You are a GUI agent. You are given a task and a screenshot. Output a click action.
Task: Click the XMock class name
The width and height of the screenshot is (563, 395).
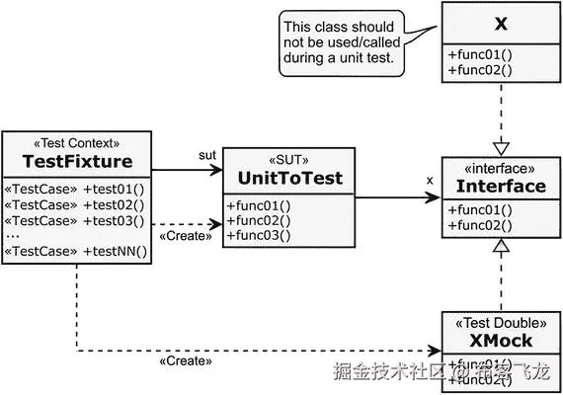click(500, 341)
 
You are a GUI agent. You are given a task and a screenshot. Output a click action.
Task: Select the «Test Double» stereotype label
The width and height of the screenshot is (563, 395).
click(500, 322)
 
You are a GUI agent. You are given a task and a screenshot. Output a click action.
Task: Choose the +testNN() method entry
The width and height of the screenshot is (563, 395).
click(116, 251)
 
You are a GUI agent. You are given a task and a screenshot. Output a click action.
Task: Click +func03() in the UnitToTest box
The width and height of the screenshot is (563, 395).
click(260, 237)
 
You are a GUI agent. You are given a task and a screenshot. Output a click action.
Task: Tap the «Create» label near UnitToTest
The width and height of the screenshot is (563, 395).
click(185, 236)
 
